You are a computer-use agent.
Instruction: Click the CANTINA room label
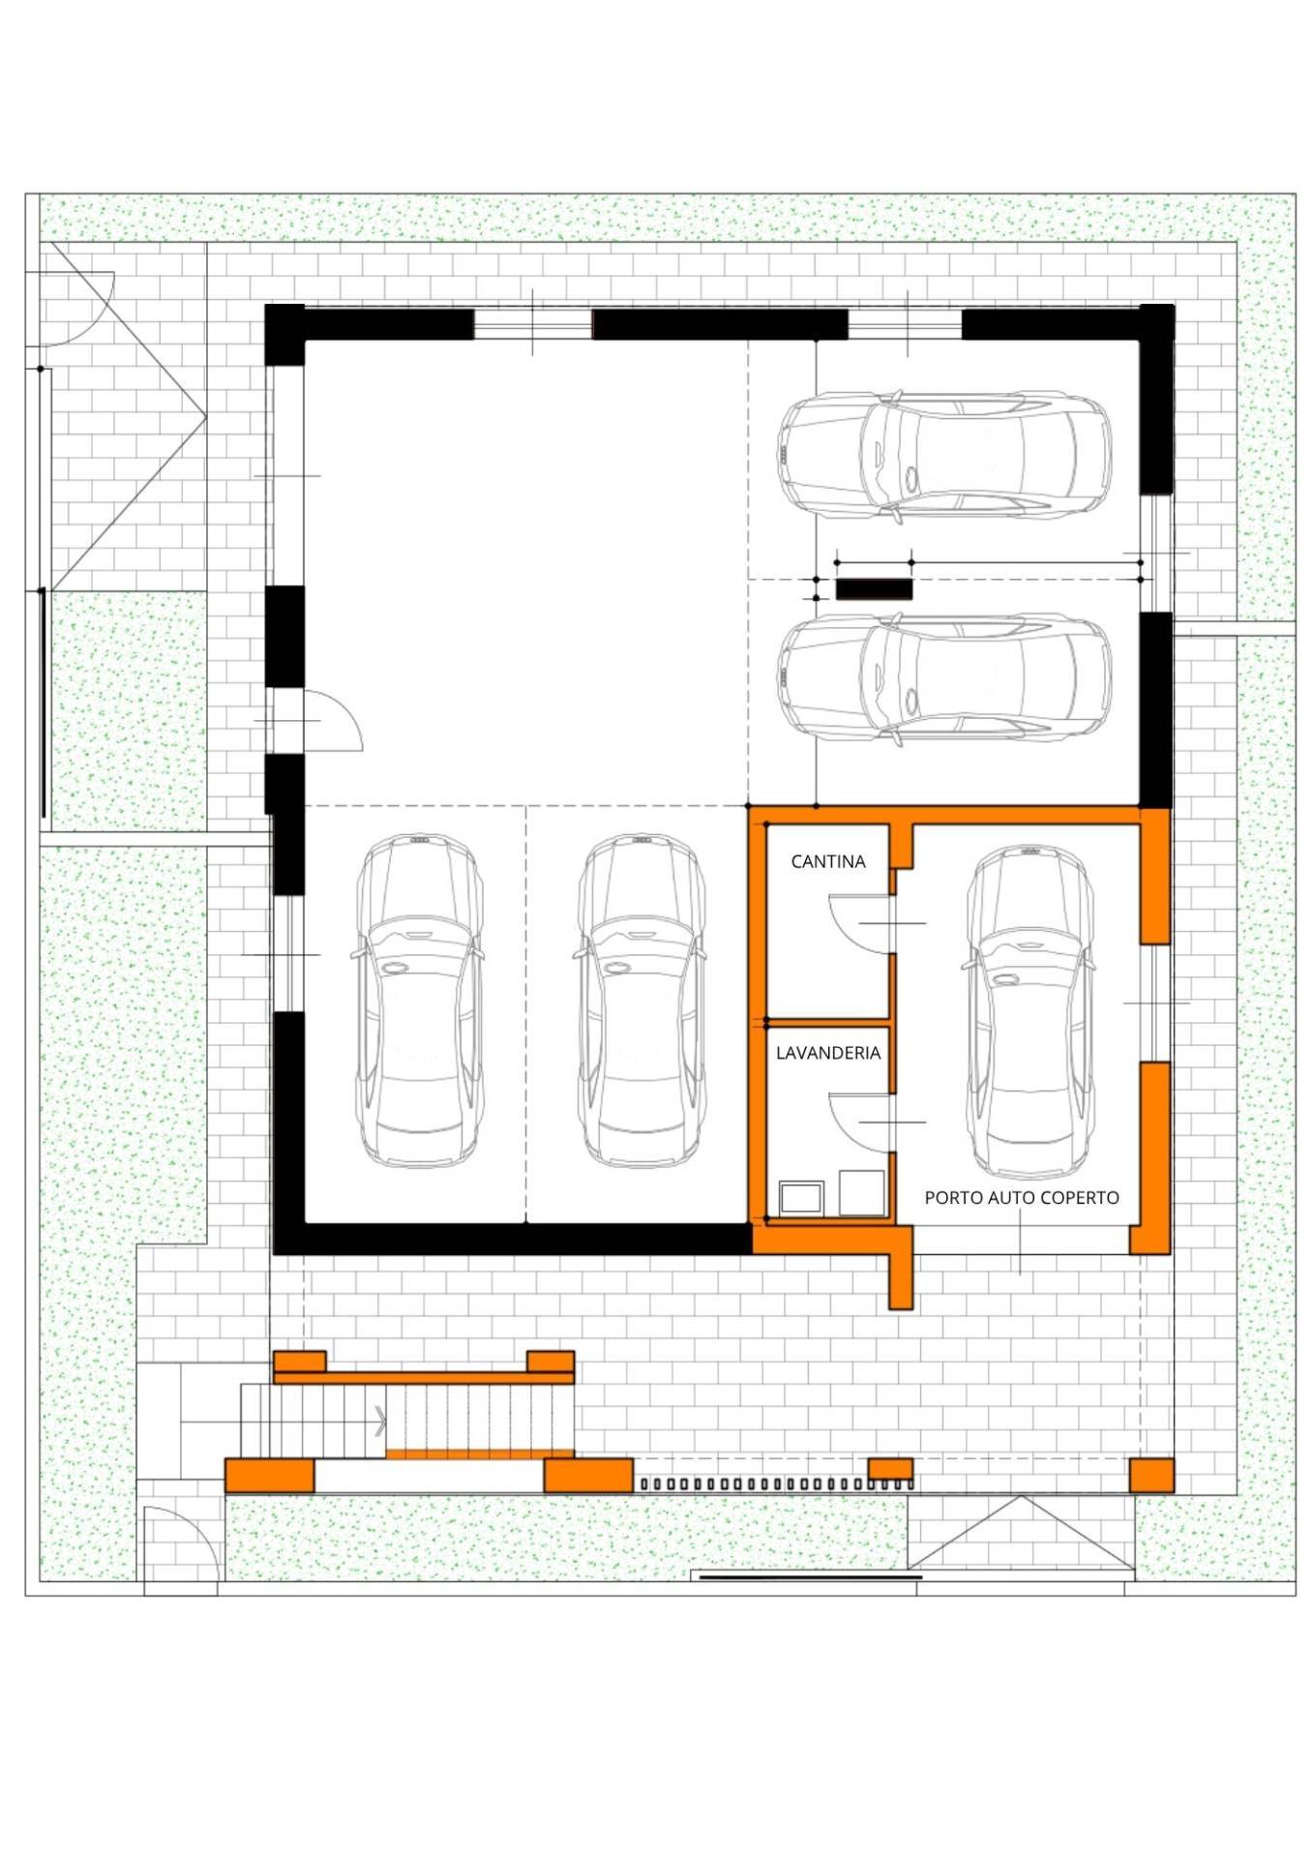tap(827, 861)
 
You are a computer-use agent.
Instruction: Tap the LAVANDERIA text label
tap(828, 1053)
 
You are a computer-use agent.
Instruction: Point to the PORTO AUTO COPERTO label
tap(1022, 1197)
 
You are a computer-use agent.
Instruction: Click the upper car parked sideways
tap(943, 457)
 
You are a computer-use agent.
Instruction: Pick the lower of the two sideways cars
tap(943, 678)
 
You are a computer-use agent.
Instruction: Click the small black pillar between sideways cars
tap(874, 589)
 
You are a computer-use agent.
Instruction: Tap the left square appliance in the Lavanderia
tap(801, 1197)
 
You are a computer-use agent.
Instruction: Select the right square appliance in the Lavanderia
tap(862, 1192)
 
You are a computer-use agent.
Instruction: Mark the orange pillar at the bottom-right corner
tap(1151, 1476)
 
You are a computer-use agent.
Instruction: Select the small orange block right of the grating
tap(890, 1469)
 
